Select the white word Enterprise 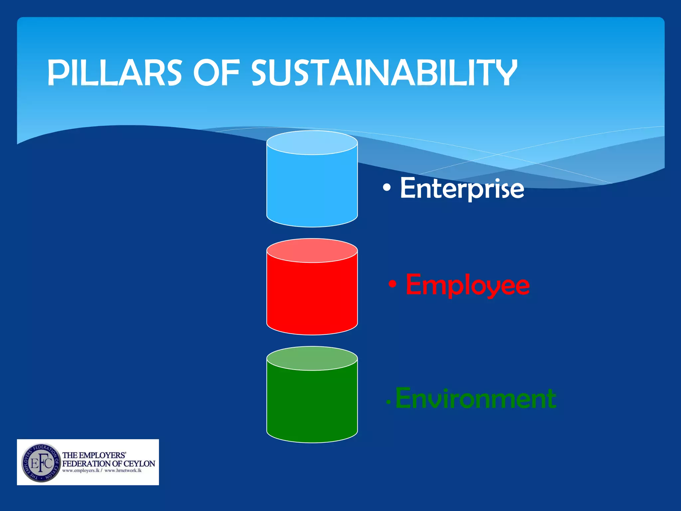pos(462,188)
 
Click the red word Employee pos(467,285)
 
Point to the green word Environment pos(476,398)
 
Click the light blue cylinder pos(312,190)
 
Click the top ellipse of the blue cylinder pos(312,142)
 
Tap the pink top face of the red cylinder pos(312,251)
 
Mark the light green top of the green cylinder pos(312,358)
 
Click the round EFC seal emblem pos(41,462)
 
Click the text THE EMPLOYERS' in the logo pos(94,455)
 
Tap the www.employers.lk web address pos(81,470)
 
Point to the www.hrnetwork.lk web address pos(123,470)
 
